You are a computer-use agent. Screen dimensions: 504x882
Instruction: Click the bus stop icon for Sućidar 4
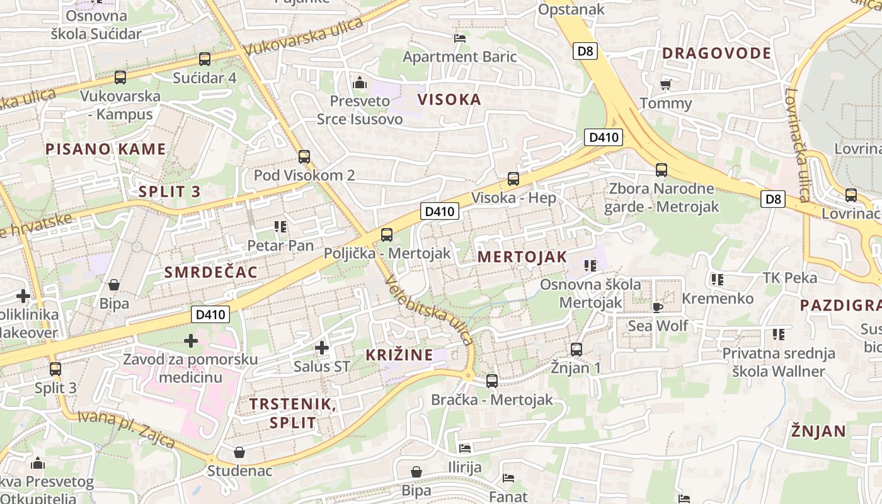pos(205,59)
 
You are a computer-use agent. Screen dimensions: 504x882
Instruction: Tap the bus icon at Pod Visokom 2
pos(304,157)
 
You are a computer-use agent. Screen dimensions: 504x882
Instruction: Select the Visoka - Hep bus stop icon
pos(513,179)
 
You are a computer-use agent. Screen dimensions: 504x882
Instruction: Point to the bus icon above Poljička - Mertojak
pos(387,235)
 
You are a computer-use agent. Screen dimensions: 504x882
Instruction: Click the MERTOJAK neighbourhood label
pos(522,257)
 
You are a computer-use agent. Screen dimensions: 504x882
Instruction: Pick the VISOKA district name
pos(449,100)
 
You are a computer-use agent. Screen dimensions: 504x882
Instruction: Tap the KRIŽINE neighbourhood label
pos(399,355)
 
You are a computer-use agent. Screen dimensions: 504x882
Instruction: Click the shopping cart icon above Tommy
pos(666,84)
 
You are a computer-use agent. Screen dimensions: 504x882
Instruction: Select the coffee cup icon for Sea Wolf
pos(658,307)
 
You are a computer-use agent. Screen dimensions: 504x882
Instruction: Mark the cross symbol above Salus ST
pos(322,347)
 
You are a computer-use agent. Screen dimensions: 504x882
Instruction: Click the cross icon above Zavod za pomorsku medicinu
pos(191,341)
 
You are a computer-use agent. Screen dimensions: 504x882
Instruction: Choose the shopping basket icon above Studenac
pos(239,452)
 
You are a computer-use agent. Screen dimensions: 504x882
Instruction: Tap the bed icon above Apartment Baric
pos(460,38)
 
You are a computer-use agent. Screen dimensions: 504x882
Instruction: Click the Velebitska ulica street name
pos(428,310)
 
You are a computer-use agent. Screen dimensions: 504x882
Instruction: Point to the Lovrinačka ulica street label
pos(797,145)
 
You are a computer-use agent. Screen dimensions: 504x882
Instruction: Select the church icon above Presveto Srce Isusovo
pos(360,82)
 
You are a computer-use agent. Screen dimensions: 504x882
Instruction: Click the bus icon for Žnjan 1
pos(576,350)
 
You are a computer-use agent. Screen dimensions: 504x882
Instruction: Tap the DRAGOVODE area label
pos(716,54)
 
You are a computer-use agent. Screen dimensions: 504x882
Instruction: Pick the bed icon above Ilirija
pos(465,449)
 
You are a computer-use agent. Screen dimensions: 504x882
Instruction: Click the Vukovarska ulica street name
pos(303,37)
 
